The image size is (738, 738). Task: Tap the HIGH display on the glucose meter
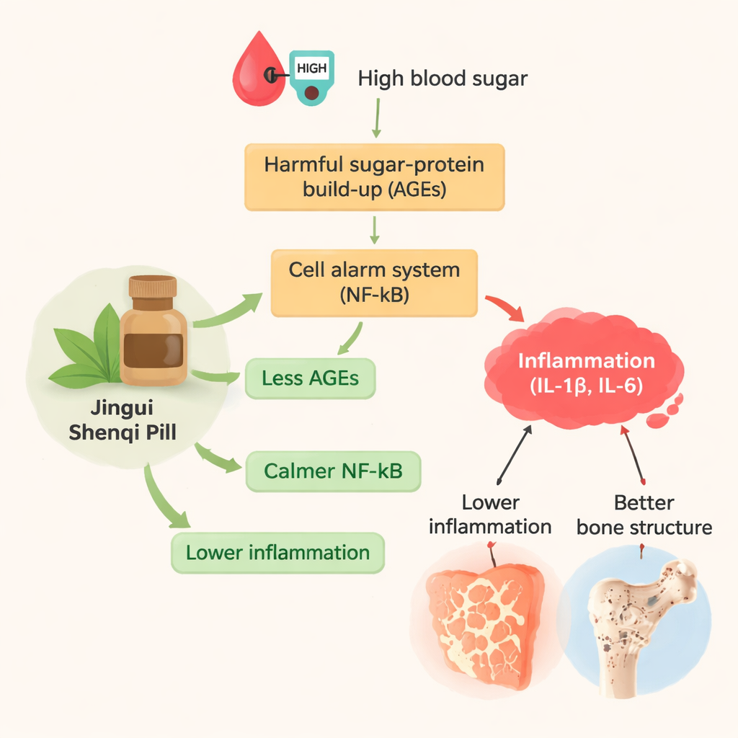point(311,69)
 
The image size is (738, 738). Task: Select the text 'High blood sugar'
point(443,78)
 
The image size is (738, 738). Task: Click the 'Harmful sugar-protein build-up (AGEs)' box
point(374,177)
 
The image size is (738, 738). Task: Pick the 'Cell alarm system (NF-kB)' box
point(374,283)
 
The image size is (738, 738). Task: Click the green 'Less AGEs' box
point(311,378)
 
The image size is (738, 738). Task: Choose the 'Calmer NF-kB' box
point(332,471)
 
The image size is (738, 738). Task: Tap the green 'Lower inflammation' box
point(277,553)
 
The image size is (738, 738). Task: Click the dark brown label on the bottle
point(154,348)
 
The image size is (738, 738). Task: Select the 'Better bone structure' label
point(644,515)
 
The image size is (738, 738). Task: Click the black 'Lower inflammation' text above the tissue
point(490,515)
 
